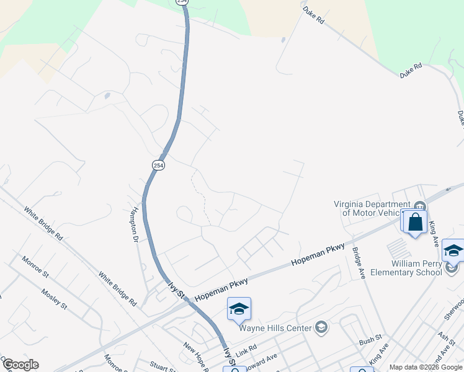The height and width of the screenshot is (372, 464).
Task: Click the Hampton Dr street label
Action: pyautogui.click(x=133, y=224)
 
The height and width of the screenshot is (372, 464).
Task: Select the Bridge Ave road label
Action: pyautogui.click(x=358, y=263)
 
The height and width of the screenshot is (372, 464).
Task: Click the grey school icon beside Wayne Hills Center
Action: pyautogui.click(x=321, y=327)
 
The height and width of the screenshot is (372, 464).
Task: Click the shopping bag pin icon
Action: pyautogui.click(x=415, y=222)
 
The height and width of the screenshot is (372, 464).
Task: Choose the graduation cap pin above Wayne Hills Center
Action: pyautogui.click(x=239, y=309)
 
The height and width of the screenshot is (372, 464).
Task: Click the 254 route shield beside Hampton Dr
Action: pyautogui.click(x=158, y=166)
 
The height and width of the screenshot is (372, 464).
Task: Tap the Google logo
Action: pyautogui.click(x=20, y=365)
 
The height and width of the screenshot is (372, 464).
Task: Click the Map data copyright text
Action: pyautogui.click(x=426, y=367)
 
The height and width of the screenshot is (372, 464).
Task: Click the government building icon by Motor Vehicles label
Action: pyautogui.click(x=420, y=206)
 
